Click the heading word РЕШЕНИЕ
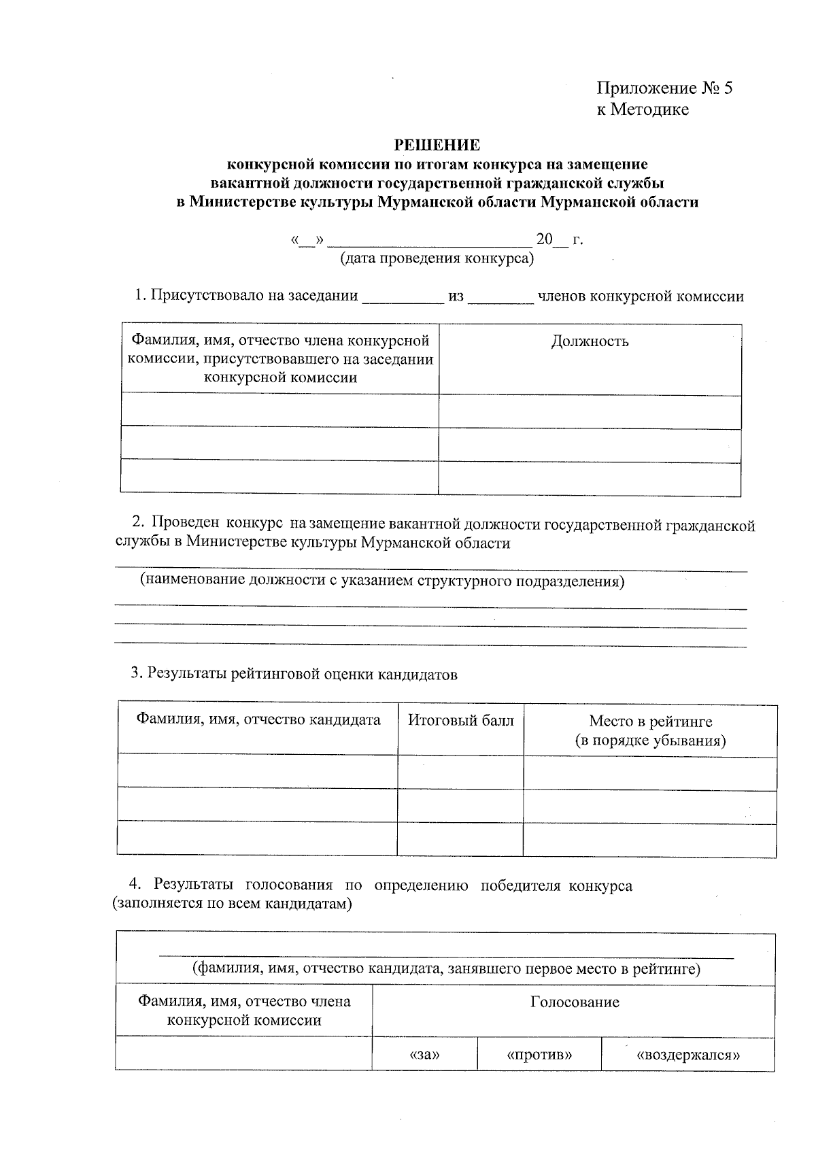click(x=437, y=145)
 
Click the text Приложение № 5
click(x=664, y=88)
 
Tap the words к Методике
click(x=643, y=109)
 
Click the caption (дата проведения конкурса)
click(x=437, y=258)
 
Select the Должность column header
click(x=590, y=341)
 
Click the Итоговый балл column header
click(x=460, y=720)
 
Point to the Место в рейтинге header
click(x=650, y=722)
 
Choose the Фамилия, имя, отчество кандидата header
click(x=258, y=719)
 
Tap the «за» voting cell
click(x=425, y=1055)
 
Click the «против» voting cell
click(x=539, y=1055)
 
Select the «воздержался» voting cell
click(x=687, y=1055)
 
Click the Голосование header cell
click(x=575, y=1002)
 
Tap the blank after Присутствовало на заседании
click(x=402, y=298)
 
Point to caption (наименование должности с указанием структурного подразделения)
click(x=382, y=581)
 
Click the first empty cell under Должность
click(x=590, y=411)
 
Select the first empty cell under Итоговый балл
click(x=460, y=772)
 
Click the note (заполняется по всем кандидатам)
click(x=233, y=904)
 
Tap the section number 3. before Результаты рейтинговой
click(x=136, y=674)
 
